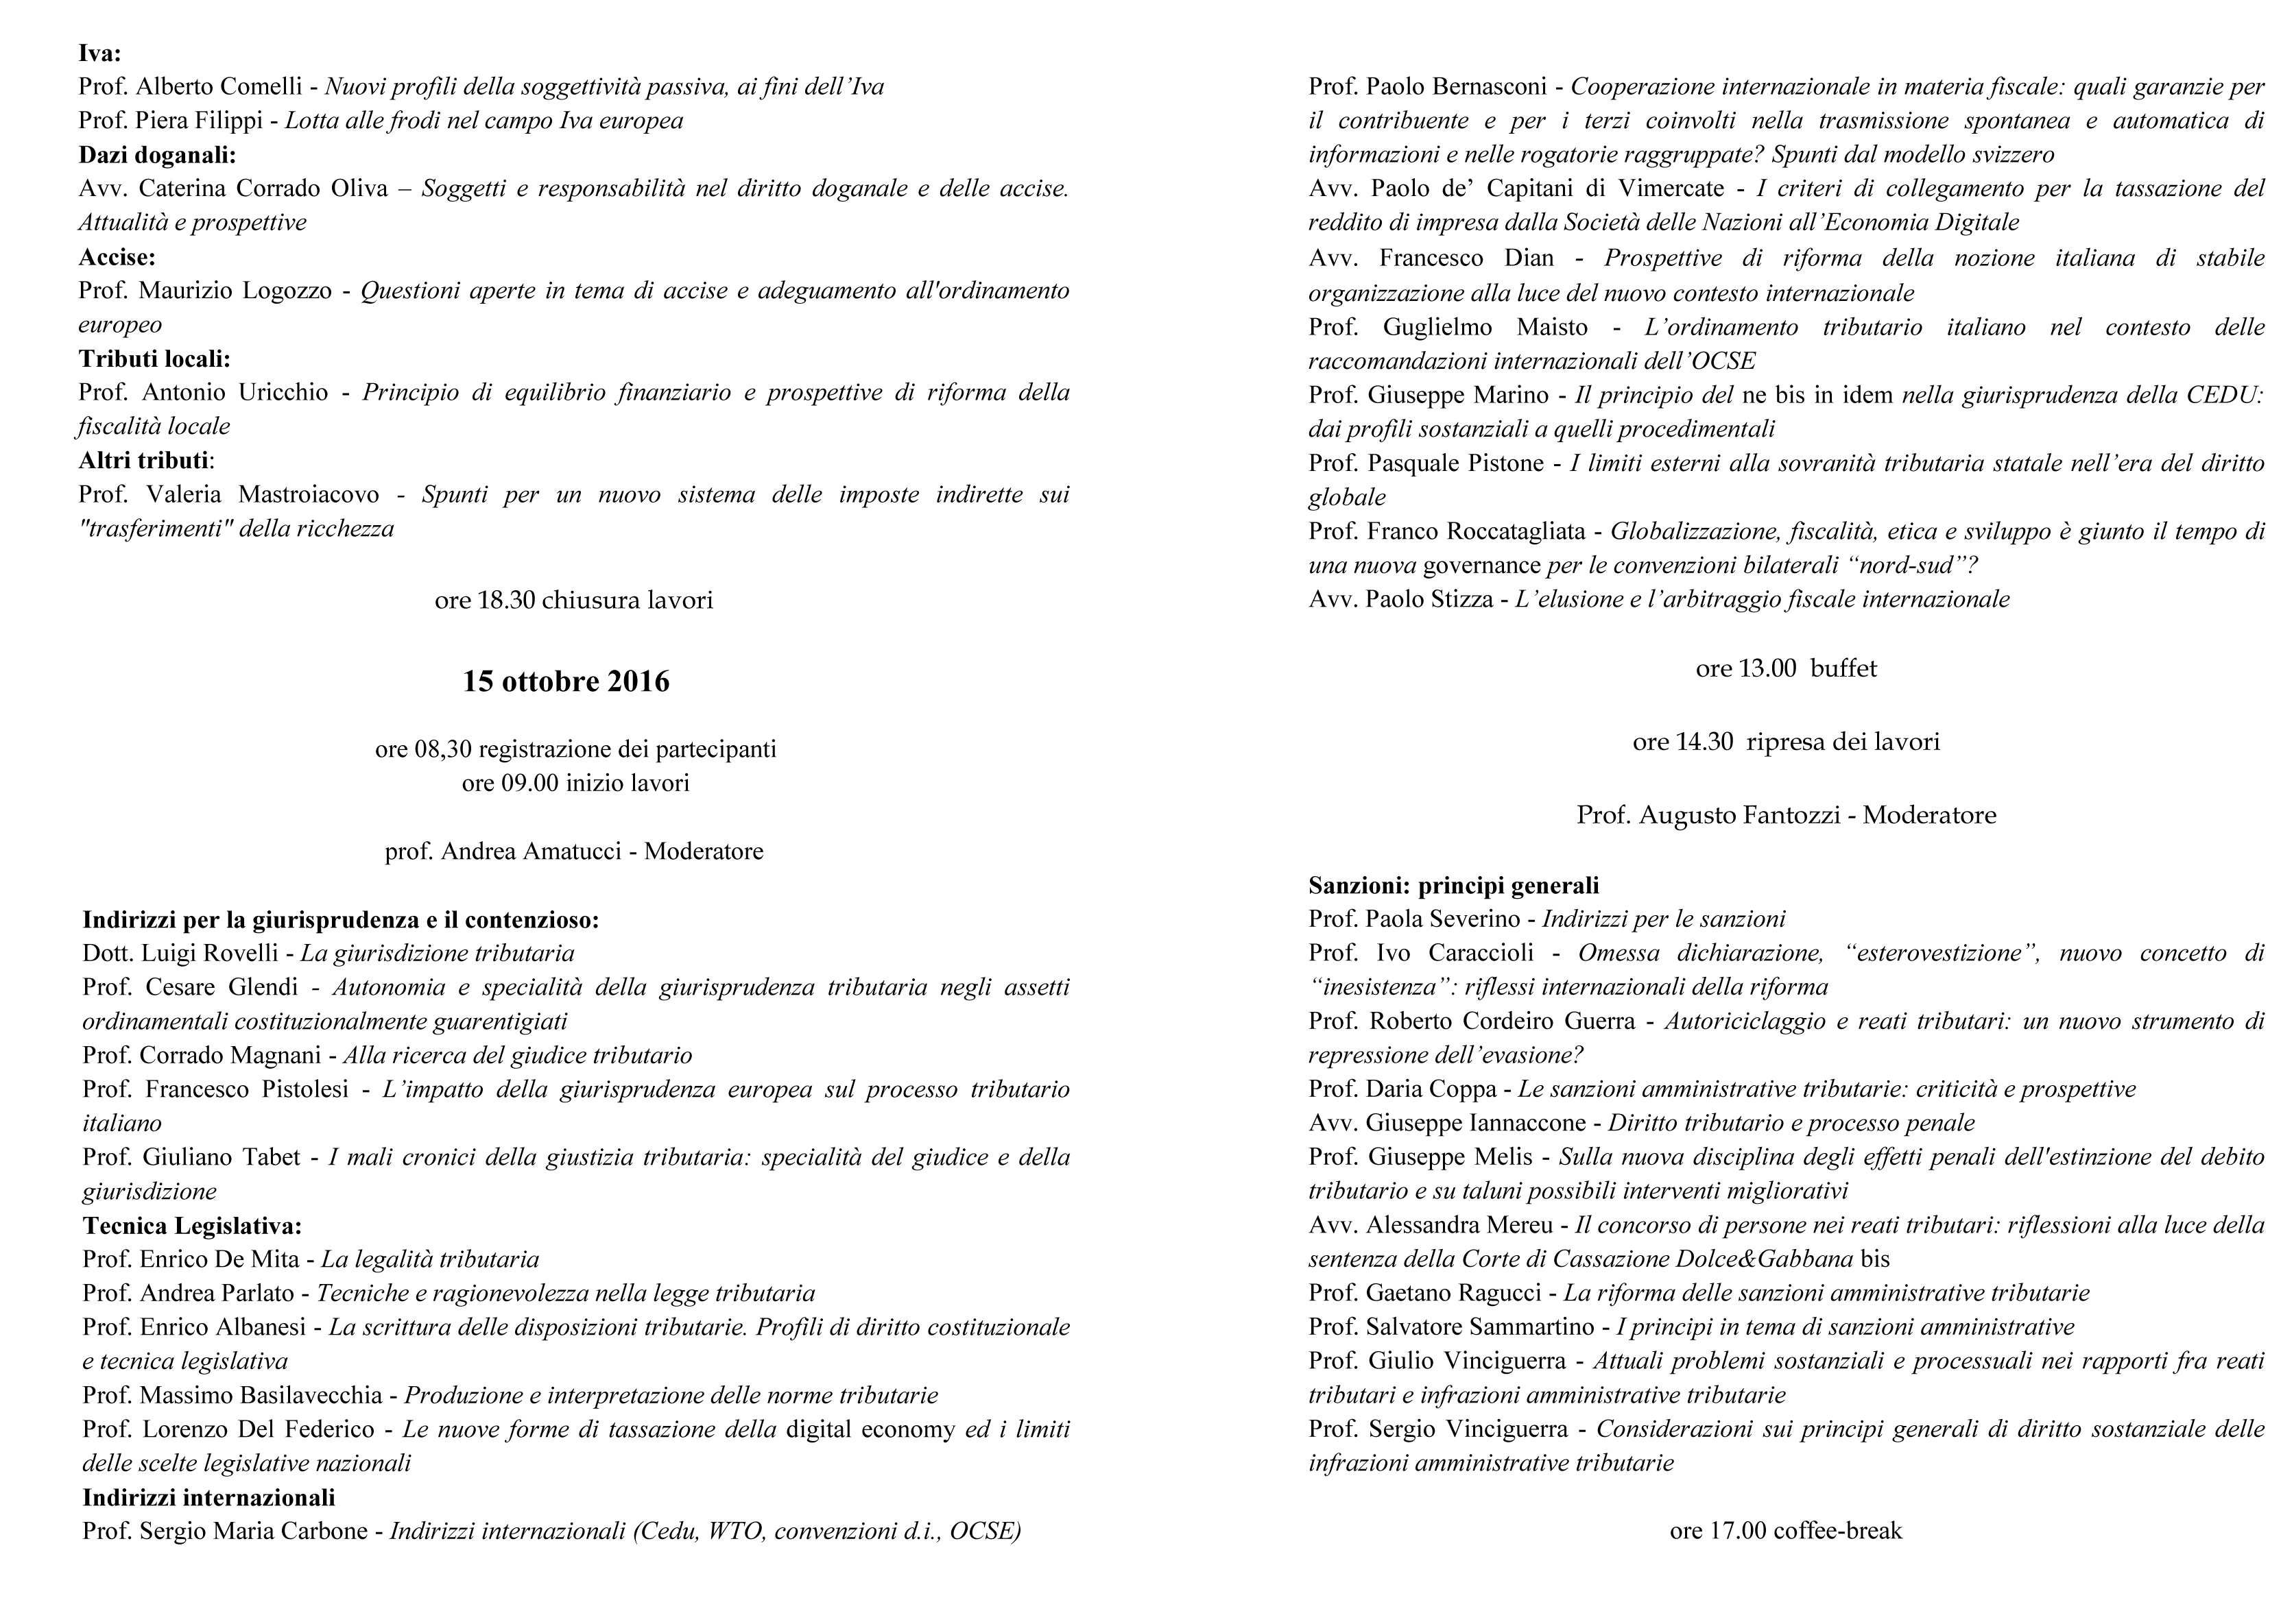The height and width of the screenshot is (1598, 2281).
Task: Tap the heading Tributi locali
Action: tap(154, 359)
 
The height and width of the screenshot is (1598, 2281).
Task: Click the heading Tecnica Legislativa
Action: tap(192, 1226)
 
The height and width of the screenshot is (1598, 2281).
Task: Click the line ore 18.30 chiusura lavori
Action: tap(573, 600)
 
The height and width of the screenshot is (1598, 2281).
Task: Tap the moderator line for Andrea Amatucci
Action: tap(573, 851)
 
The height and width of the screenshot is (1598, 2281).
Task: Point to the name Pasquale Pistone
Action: tap(1455, 463)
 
